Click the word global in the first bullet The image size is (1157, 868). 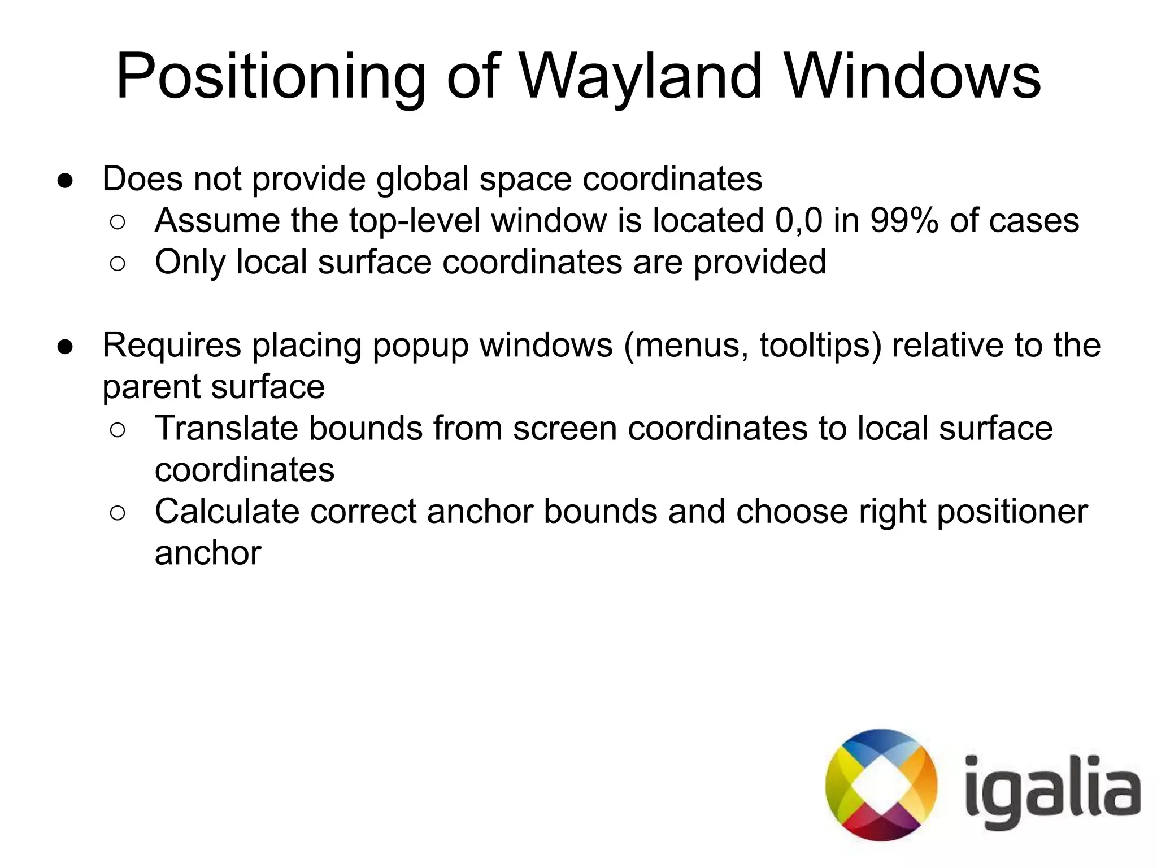(x=423, y=179)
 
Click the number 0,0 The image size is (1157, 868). (x=799, y=220)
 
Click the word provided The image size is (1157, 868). (x=759, y=263)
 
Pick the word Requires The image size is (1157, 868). (x=172, y=345)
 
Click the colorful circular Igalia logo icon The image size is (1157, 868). (x=881, y=785)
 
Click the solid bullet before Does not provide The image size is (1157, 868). (x=65, y=180)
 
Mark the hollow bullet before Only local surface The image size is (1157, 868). (x=118, y=264)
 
